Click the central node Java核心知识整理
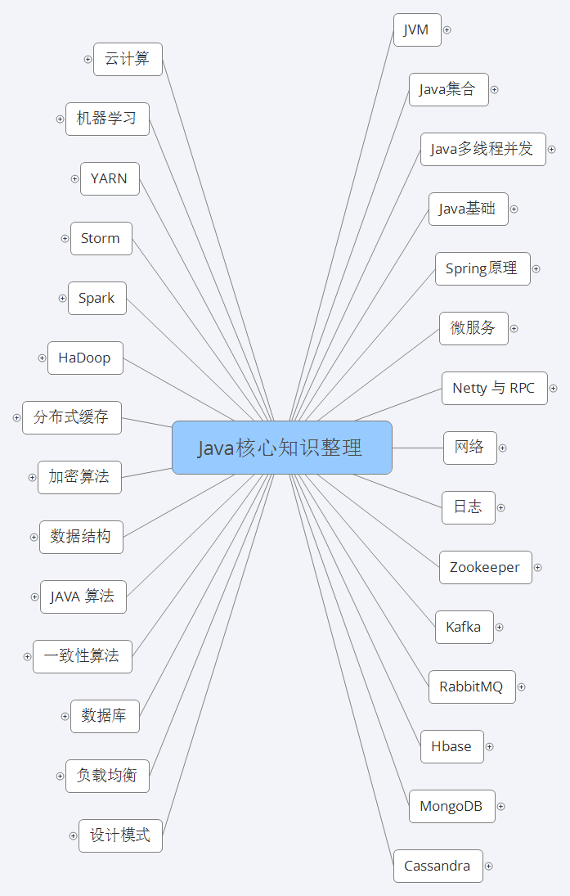tap(281, 448)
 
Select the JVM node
tap(416, 30)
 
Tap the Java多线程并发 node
tap(482, 149)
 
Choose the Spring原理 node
tap(482, 268)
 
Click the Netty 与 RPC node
tap(494, 388)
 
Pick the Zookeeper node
tap(485, 567)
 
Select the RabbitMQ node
tap(471, 687)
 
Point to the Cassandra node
tap(438, 866)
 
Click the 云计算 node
tap(128, 59)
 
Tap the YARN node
tap(110, 178)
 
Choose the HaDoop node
tap(85, 358)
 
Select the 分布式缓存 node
tap(71, 417)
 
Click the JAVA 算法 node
tap(83, 597)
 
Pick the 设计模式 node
tap(120, 835)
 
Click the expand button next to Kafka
tap(500, 628)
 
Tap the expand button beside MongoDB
tap(501, 807)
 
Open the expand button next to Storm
tap(65, 239)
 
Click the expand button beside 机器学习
tap(60, 119)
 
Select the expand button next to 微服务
tap(514, 329)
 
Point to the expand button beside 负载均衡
tap(60, 776)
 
